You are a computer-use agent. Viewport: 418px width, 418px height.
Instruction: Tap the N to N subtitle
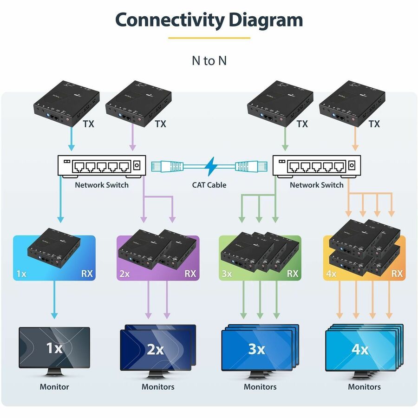pos(209,60)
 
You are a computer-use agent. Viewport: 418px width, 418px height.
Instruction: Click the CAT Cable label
pos(209,185)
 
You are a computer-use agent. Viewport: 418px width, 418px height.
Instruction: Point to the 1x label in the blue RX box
pos(21,274)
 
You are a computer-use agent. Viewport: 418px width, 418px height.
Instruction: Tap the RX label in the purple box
pos(190,273)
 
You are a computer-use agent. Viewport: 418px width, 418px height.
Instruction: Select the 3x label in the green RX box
pos(227,274)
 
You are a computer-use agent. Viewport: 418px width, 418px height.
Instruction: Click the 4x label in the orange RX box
pos(331,274)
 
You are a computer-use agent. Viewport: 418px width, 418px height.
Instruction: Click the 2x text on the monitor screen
pos(156,349)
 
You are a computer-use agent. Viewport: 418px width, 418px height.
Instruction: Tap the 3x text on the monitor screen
pos(256,348)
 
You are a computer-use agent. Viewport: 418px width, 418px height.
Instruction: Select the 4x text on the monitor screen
pos(360,348)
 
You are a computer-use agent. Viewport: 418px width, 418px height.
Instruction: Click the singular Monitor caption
pos(54,386)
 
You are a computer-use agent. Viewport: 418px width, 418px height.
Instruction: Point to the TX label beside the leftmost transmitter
pos(88,124)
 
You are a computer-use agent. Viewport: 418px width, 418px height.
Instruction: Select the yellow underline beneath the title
pos(209,38)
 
